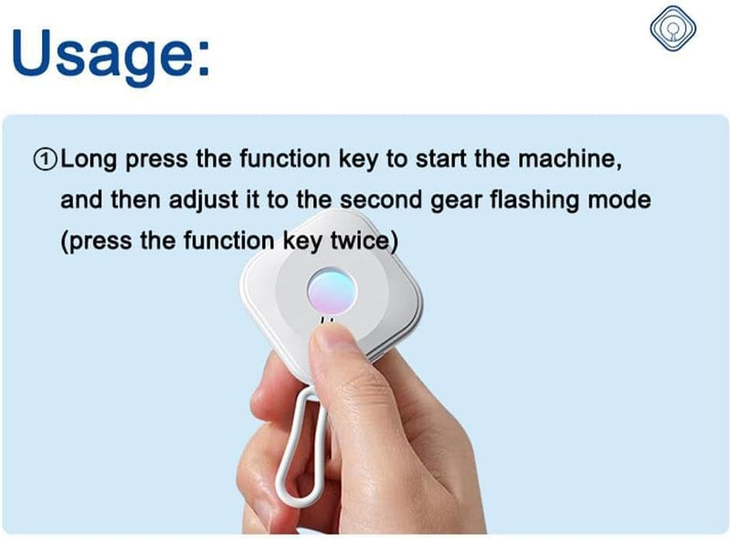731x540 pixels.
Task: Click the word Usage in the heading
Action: (x=101, y=54)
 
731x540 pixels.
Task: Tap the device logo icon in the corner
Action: (x=673, y=28)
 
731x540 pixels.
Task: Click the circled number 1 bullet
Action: (x=45, y=160)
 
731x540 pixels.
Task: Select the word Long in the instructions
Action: (x=89, y=160)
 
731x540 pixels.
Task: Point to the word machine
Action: (x=569, y=159)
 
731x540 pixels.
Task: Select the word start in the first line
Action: (x=441, y=160)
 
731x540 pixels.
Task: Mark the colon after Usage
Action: (x=204, y=61)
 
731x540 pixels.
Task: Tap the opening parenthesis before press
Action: (x=64, y=242)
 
